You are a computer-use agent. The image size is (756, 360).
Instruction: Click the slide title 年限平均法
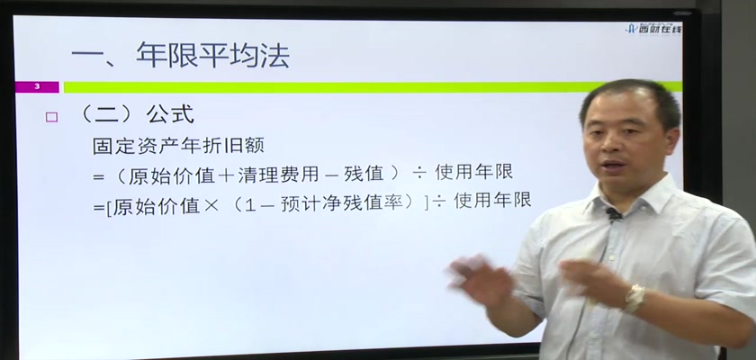tap(213, 55)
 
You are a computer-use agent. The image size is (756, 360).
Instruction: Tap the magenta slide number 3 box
tap(37, 86)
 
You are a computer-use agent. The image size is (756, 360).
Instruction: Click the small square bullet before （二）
tap(51, 117)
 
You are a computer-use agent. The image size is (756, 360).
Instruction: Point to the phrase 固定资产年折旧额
tap(178, 146)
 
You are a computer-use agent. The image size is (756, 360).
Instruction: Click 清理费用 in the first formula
tap(278, 175)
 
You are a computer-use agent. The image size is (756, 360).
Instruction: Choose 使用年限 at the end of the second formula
tap(493, 200)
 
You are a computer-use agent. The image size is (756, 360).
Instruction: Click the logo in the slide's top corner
tap(653, 29)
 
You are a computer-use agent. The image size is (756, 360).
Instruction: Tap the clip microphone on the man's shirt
tap(614, 213)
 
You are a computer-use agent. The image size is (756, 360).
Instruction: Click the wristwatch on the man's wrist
tap(634, 298)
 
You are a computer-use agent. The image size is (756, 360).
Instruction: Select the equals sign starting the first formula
tap(99, 177)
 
